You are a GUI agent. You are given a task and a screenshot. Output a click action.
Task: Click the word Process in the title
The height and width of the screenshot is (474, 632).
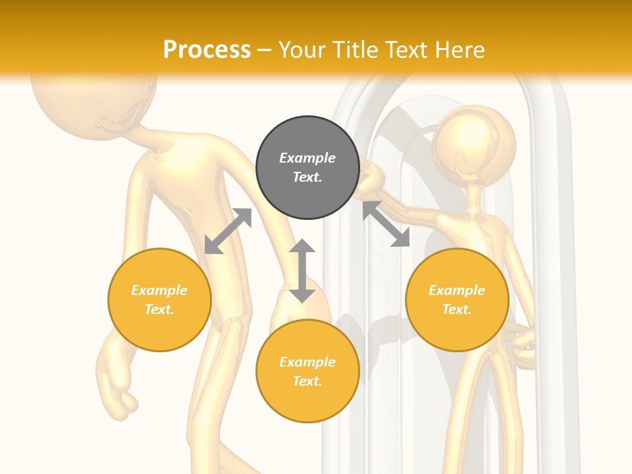[207, 49]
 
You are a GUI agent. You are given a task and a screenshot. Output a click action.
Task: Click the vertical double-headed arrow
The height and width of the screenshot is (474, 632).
[302, 271]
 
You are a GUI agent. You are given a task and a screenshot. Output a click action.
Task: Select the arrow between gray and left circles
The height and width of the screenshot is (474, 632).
[228, 231]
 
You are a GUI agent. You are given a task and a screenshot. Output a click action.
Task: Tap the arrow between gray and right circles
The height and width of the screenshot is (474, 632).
[386, 224]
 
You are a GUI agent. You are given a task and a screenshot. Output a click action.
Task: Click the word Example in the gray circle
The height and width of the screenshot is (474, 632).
[307, 158]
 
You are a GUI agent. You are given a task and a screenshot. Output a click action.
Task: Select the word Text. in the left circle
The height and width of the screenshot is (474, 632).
[159, 309]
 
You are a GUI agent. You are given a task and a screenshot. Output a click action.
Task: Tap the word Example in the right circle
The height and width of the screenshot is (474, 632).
[457, 290]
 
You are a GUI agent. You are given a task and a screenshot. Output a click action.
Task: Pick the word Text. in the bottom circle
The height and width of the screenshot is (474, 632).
[307, 381]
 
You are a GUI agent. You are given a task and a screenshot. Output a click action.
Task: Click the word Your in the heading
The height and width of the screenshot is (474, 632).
[302, 49]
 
